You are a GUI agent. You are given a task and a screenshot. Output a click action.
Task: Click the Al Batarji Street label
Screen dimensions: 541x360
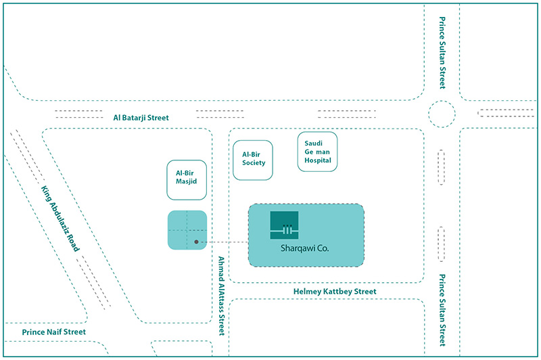[x=141, y=118]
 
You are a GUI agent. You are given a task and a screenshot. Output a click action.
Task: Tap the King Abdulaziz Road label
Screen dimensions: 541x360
[x=60, y=219]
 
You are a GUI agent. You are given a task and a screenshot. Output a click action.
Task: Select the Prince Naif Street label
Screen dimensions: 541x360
[x=54, y=332]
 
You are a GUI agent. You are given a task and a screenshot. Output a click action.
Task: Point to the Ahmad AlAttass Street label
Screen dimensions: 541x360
[x=222, y=296]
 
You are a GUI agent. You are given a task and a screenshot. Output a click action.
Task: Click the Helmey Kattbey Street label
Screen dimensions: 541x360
[x=335, y=292]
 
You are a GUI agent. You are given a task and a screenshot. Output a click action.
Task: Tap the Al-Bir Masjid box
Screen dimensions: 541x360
[x=187, y=180]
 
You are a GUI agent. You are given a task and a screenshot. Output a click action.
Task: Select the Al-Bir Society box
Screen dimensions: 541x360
[x=253, y=160]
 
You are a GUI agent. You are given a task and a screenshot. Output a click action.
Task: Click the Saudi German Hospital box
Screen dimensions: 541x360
[x=317, y=152]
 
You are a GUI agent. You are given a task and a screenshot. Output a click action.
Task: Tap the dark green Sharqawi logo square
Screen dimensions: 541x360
[x=284, y=225]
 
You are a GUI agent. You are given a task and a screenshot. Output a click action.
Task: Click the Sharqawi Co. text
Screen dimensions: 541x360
[x=305, y=248]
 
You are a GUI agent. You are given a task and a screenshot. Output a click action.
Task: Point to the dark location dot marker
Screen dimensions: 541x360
[x=196, y=242]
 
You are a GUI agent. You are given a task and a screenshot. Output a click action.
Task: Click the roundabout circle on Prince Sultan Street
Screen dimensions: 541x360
[x=442, y=101]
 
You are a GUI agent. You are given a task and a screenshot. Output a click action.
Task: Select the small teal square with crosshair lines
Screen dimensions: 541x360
[x=187, y=230]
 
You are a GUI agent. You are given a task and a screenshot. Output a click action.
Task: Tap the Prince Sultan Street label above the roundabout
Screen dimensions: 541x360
[x=442, y=53]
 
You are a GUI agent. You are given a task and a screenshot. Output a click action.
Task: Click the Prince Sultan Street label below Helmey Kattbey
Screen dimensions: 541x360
[x=442, y=310]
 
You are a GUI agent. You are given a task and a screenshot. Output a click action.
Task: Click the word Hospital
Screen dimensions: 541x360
[x=318, y=160]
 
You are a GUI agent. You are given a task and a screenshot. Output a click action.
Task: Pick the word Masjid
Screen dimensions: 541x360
[x=187, y=181]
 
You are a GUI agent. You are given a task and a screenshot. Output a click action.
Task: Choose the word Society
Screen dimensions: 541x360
[x=254, y=163]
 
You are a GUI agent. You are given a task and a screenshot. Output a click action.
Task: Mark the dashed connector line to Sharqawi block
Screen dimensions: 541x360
[x=223, y=242]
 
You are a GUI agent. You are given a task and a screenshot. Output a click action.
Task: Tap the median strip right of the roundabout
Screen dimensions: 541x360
[x=506, y=113]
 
